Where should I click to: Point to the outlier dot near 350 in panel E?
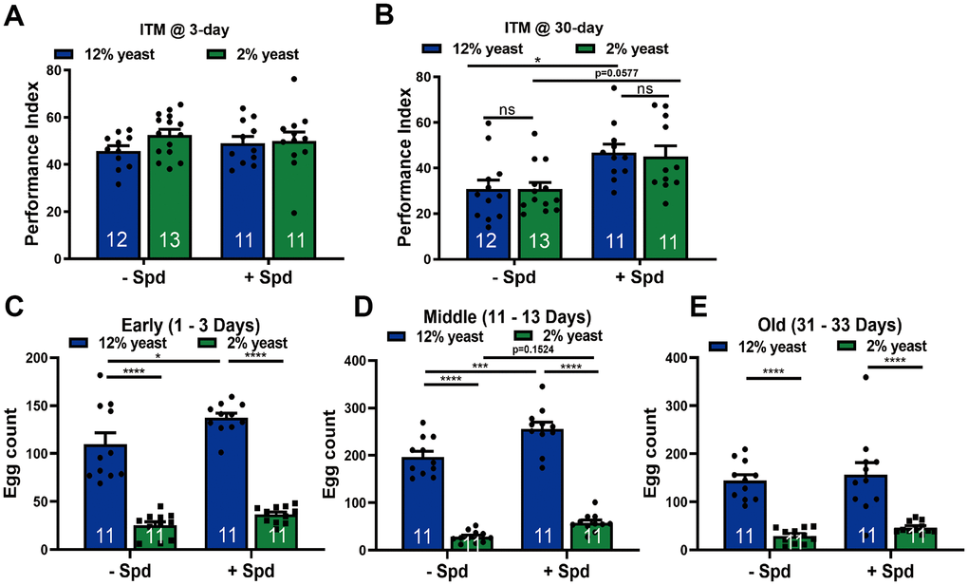(x=865, y=378)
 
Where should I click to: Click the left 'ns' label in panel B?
(x=493, y=109)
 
